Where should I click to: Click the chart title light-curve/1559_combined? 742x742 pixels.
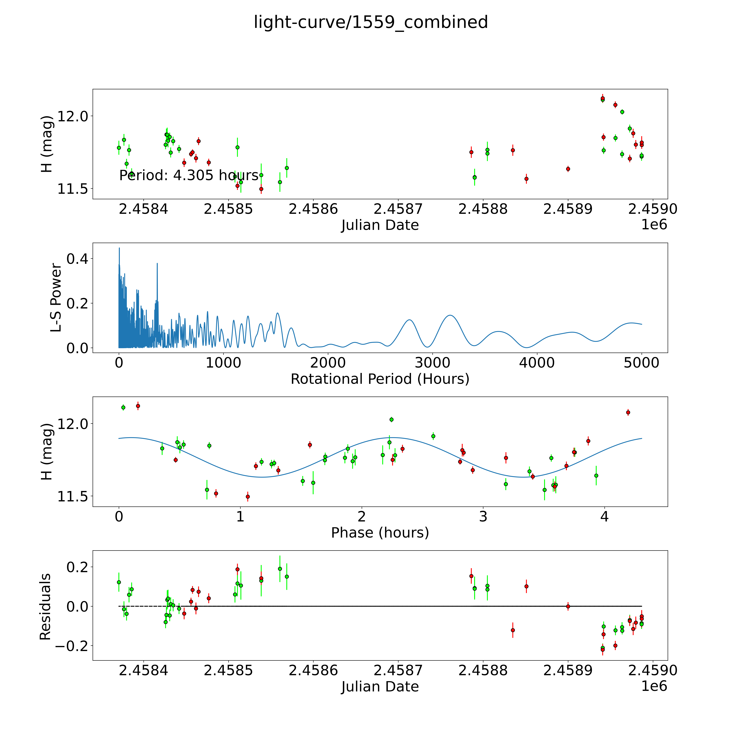[x=371, y=22]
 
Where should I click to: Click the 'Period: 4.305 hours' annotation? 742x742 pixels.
[x=189, y=175]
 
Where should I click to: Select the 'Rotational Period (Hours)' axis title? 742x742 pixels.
[x=380, y=379]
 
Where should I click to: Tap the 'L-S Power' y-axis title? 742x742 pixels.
[x=56, y=298]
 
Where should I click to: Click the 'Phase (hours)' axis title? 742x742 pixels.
[x=380, y=533]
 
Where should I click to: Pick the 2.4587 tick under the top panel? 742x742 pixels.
[x=398, y=209]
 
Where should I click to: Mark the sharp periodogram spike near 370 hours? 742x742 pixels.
[x=157, y=263]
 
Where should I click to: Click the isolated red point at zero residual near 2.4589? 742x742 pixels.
[x=568, y=606]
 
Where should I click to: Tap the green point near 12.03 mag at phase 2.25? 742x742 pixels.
[x=391, y=419]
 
